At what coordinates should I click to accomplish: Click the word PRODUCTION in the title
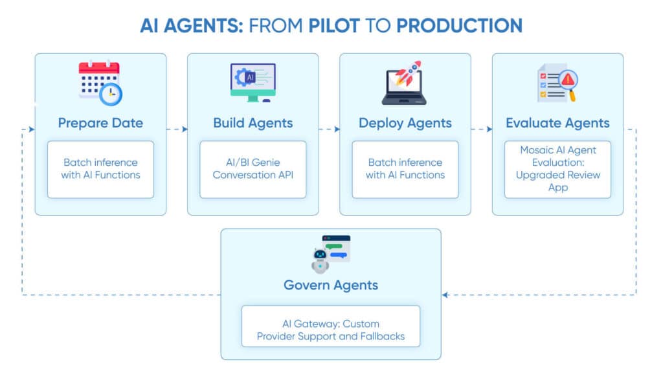459,25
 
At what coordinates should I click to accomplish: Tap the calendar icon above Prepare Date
100,82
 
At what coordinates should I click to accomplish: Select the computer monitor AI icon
253,82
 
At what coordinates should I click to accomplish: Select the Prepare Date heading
100,123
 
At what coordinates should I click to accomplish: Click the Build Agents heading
253,123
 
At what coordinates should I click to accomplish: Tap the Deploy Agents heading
405,123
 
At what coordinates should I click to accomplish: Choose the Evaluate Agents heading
557,123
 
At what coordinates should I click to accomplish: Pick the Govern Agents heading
331,285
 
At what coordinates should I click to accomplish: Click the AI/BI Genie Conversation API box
253,169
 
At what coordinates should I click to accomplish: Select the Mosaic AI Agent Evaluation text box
557,169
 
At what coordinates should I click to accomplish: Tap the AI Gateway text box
331,330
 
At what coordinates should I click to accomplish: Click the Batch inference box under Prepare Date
100,169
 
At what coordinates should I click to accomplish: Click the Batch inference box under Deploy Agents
405,169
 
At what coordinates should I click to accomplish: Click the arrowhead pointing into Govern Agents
445,295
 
